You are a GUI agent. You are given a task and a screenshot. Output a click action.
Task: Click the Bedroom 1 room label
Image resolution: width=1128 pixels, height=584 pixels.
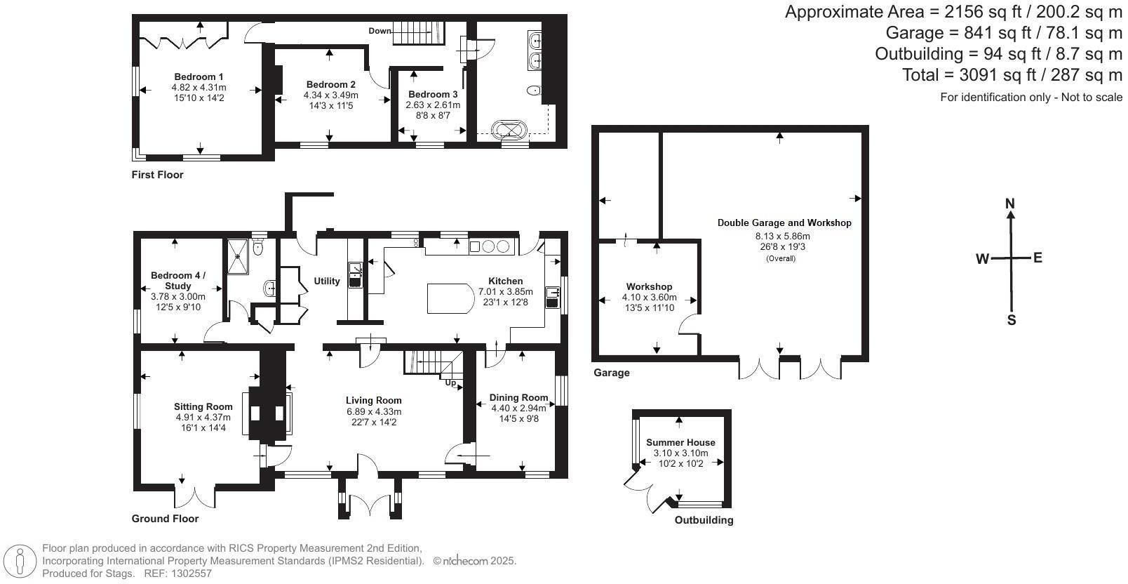click(x=199, y=77)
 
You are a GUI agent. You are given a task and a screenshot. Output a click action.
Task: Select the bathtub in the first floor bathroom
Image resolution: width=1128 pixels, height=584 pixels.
click(x=509, y=129)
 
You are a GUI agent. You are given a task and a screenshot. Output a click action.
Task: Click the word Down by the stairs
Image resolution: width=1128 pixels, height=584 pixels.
click(x=380, y=31)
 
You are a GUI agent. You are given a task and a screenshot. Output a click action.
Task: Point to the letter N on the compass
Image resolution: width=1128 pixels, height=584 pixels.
click(x=1009, y=204)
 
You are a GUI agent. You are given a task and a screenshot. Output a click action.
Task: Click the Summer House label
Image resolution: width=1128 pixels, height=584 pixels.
click(x=680, y=442)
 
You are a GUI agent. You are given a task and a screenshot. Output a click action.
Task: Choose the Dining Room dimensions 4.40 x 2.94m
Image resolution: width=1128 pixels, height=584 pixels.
click(x=518, y=408)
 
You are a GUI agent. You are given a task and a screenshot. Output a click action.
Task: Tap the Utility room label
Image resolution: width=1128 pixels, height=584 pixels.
click(x=327, y=281)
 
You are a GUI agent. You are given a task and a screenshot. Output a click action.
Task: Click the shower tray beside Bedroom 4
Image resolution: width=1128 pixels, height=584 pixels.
click(x=237, y=256)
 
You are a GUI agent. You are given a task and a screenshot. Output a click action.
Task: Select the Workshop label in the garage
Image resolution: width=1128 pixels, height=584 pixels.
click(x=649, y=286)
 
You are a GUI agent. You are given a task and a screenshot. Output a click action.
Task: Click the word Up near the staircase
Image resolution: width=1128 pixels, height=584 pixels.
click(x=450, y=383)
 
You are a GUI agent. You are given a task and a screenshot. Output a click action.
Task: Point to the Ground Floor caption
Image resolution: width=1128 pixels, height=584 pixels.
click(x=165, y=519)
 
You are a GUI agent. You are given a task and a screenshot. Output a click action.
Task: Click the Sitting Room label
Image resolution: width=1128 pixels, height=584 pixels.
click(x=203, y=406)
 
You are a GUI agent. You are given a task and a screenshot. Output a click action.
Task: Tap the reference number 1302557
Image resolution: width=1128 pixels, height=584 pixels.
click(x=192, y=573)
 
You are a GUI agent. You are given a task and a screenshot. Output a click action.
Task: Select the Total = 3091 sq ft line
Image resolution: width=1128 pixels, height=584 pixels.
click(x=1012, y=75)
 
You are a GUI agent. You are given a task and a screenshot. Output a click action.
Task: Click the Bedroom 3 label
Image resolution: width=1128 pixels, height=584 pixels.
click(x=433, y=94)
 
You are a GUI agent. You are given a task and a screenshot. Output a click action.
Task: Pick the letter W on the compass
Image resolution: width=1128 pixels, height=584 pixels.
click(x=983, y=259)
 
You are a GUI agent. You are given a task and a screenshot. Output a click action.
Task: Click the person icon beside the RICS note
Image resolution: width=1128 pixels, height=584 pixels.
click(x=20, y=560)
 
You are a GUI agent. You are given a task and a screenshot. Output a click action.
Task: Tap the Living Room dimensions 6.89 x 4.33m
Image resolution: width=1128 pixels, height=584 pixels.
click(x=374, y=411)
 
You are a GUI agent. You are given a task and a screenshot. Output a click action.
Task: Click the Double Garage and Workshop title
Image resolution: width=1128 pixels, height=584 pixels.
click(x=784, y=223)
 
